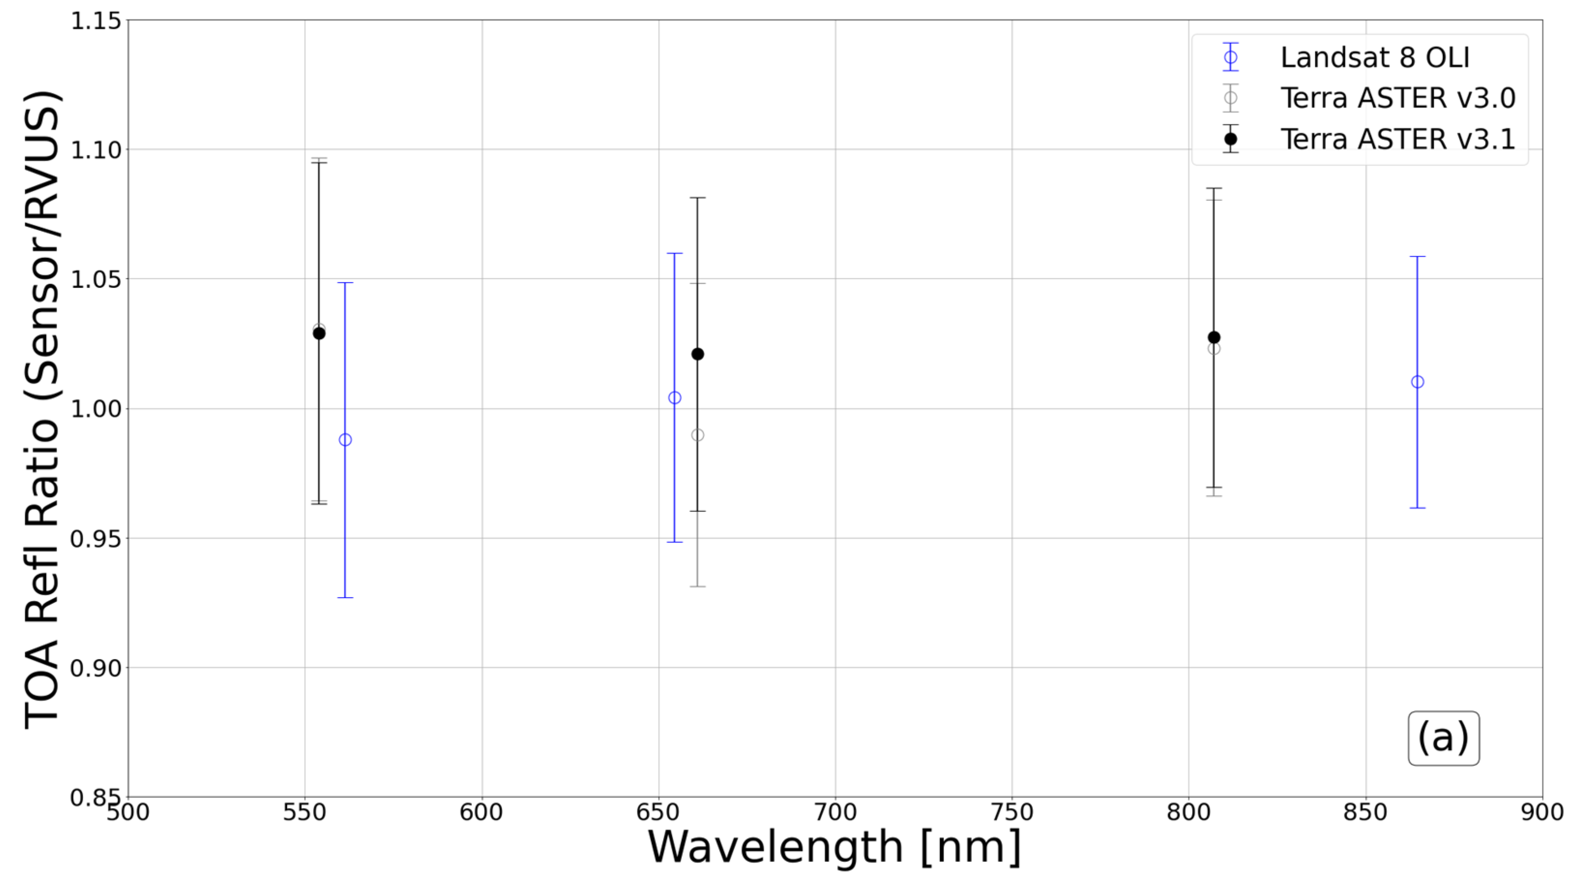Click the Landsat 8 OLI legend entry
1374,58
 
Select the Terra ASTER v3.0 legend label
1397,98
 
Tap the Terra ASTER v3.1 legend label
1397,139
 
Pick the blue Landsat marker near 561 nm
345,440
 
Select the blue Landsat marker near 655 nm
675,398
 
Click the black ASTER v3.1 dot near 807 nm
1214,338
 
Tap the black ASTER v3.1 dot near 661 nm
698,354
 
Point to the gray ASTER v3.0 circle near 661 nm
698,435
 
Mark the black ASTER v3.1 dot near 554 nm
319,333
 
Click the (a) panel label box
1443,738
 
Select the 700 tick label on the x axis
836,813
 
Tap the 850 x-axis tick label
1365,813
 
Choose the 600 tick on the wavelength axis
482,813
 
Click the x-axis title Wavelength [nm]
835,848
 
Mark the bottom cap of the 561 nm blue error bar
345,597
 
